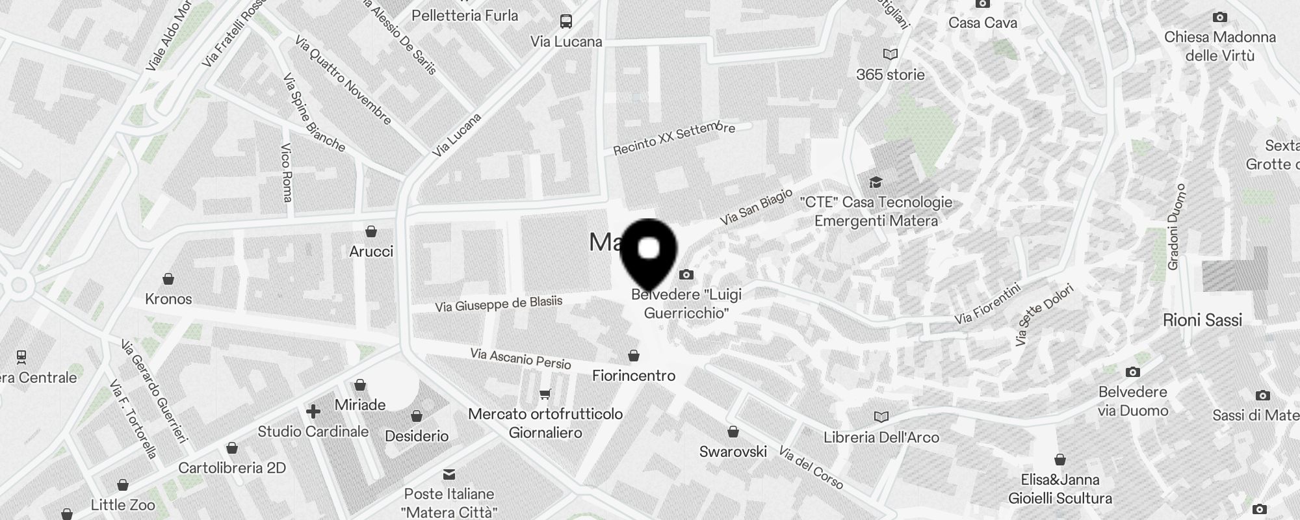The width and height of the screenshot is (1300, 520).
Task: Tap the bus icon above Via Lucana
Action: coord(566,21)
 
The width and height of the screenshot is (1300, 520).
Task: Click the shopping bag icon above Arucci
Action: coord(371,231)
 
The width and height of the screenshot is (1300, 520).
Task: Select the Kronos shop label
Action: coord(168,299)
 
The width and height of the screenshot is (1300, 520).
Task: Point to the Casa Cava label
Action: coord(982,23)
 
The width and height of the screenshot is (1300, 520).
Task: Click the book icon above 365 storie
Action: coord(890,55)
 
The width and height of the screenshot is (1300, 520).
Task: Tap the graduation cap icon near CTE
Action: coord(876,182)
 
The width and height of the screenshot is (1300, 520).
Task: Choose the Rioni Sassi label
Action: coord(1202,320)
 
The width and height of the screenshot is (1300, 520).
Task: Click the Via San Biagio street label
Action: coord(756,207)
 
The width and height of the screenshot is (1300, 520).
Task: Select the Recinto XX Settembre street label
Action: coord(674,138)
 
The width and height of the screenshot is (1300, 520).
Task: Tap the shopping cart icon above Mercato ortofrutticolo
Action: coord(545,394)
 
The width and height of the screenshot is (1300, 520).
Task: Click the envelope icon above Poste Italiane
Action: coord(449,474)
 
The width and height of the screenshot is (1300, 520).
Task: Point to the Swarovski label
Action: coord(733,452)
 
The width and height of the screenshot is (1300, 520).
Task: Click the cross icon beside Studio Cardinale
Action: coord(313,411)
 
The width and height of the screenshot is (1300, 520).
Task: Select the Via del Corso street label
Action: coord(811,468)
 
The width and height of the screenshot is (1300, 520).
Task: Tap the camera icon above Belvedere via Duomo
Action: coord(1133,372)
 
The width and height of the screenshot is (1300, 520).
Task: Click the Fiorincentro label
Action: coord(634,376)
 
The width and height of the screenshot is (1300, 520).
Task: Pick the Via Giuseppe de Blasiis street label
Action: coord(499,304)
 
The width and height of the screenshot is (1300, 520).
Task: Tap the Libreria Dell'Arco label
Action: coord(881,437)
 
